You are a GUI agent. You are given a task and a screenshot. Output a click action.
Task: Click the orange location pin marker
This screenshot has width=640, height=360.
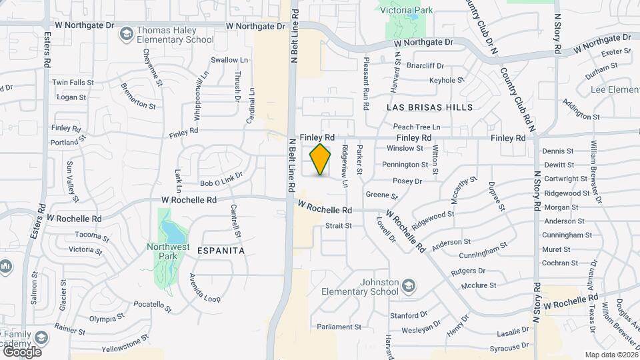321,159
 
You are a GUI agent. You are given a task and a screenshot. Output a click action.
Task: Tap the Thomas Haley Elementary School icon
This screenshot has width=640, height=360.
125,33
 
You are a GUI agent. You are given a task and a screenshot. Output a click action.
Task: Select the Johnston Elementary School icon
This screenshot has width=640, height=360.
409,287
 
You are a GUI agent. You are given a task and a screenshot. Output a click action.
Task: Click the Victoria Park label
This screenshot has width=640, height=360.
405,10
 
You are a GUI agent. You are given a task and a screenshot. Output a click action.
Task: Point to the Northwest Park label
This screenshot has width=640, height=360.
166,252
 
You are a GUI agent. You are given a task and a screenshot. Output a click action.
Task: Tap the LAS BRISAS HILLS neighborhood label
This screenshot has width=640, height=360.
430,107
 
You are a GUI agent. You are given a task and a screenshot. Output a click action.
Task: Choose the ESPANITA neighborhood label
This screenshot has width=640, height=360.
221,250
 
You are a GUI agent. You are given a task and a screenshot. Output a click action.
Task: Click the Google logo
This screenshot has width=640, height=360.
22,351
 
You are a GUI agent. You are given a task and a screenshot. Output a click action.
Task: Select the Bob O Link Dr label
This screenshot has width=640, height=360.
221,179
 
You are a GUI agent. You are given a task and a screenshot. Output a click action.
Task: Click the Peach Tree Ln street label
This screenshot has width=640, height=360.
417,127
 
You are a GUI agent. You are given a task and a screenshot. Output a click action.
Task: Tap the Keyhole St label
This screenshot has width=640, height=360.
447,80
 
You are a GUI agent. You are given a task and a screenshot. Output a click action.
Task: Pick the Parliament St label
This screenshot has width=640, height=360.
339,327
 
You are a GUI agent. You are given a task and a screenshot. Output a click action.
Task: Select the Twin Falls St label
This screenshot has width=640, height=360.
73,82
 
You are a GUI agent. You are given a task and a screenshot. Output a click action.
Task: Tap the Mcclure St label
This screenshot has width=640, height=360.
479,285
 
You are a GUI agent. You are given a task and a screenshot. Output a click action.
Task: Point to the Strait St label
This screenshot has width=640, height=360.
338,225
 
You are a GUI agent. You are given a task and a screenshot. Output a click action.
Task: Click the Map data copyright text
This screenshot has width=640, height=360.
611,355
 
